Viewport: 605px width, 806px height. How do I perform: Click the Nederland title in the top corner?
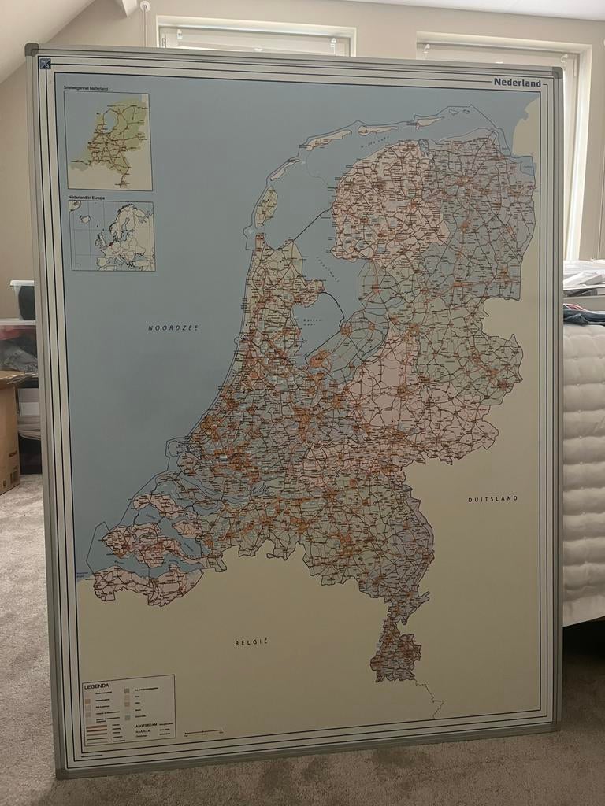517,83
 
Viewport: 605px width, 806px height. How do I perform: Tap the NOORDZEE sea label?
173,327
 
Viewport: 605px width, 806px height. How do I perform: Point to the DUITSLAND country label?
492,499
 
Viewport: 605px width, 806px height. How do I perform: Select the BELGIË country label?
251,642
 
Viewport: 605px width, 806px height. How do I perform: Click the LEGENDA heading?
98,686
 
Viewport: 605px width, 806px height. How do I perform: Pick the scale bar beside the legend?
203,732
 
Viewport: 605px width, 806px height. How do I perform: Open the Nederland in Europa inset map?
111,236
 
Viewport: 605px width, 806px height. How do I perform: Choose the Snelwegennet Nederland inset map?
109,141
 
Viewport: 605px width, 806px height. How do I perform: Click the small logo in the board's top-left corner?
45,64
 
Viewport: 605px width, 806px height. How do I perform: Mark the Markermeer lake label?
313,323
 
